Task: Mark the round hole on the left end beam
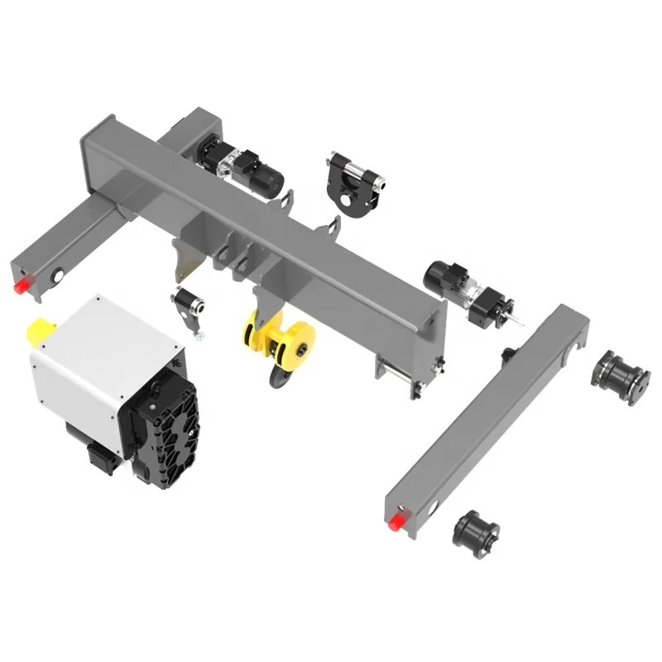(60, 272)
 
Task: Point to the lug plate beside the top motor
(286, 202)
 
